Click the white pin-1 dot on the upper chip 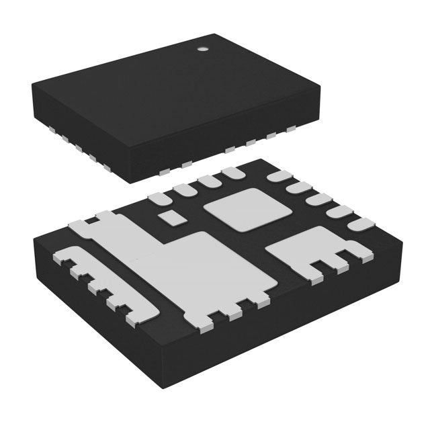[x=201, y=49]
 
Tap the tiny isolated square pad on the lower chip [x=173, y=217]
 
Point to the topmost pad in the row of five [x=277, y=177]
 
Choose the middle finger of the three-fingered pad [x=331, y=263]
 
